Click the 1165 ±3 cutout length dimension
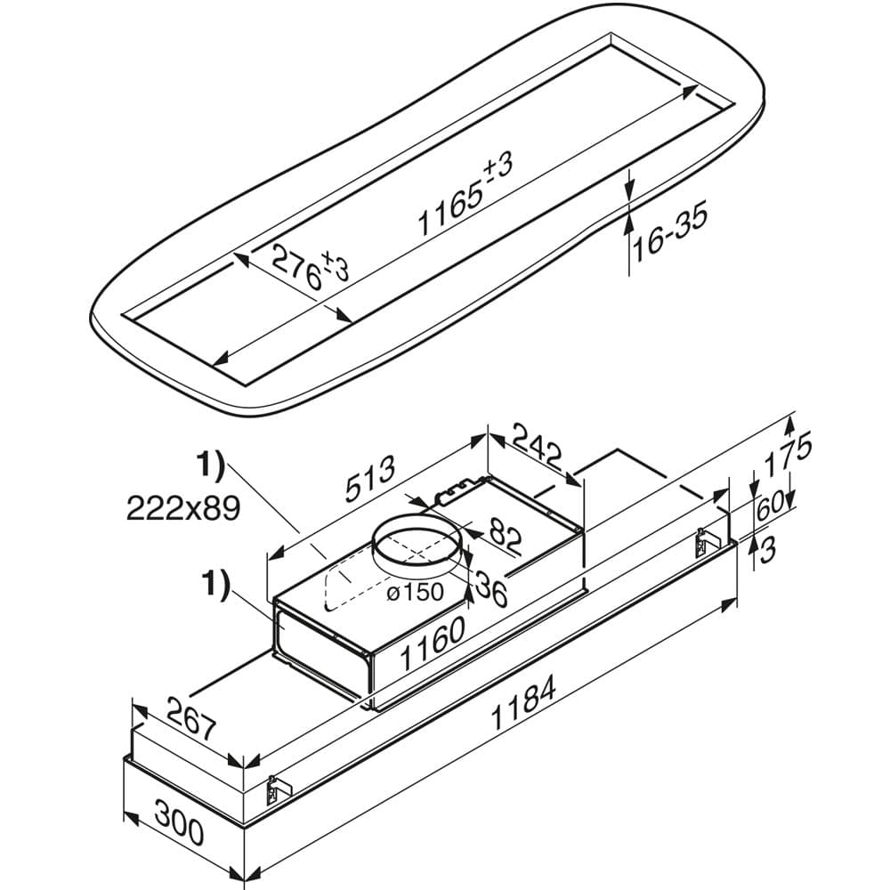pos(466,195)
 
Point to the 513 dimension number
pos(370,481)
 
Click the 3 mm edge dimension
pos(768,549)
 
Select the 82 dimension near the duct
pos(504,536)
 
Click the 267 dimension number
pos(183,721)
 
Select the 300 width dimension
pos(178,824)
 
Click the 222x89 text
pos(183,508)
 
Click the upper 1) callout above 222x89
pos(211,466)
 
